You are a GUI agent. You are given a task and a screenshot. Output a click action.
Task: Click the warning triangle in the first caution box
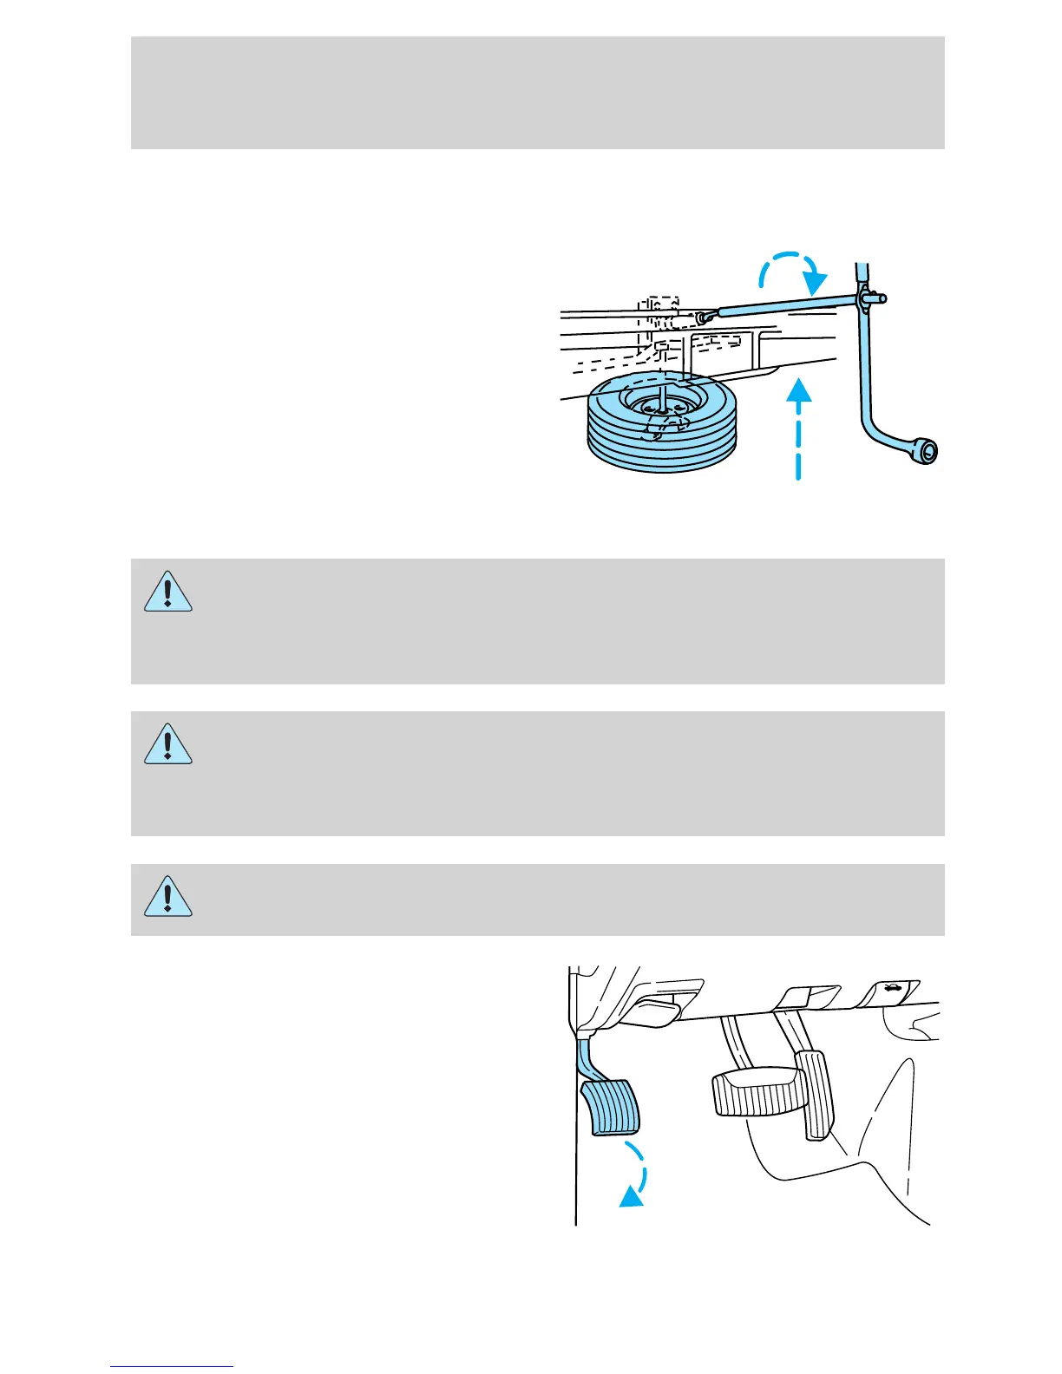pos(167,592)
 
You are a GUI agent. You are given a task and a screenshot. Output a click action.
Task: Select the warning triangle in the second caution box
pos(167,744)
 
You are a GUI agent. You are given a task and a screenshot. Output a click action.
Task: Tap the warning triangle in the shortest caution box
pos(167,897)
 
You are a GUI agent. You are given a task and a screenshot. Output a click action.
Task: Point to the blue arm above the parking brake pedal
pos(587,1058)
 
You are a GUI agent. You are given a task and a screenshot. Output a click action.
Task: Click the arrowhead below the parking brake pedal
pos(632,1197)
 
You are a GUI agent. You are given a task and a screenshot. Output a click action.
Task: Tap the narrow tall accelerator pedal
pos(815,1095)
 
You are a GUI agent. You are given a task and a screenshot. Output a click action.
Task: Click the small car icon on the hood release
pos(890,987)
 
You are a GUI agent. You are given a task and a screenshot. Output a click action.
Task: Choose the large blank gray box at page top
pos(537,93)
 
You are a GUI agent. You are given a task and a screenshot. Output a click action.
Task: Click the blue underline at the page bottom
pos(172,1367)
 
